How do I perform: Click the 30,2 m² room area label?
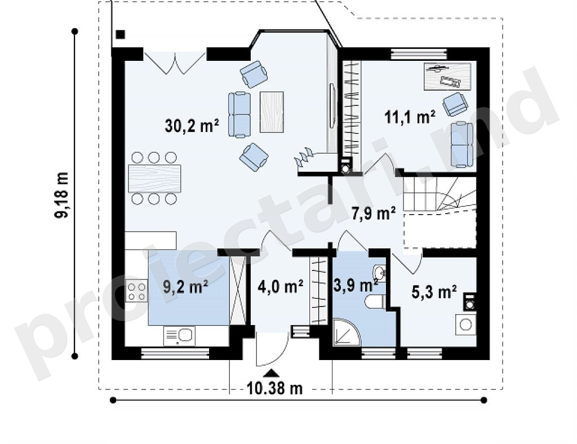[x=192, y=126]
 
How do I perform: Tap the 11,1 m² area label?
[x=410, y=117]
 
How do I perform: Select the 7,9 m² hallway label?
[x=374, y=214]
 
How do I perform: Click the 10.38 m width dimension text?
[x=274, y=388]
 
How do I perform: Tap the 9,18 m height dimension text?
[x=62, y=194]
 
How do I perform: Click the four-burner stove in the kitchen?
[x=136, y=291]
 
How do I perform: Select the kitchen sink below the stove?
[x=179, y=336]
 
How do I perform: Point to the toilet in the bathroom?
[x=375, y=301]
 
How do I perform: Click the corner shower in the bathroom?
[x=347, y=332]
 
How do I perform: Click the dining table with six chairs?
[x=154, y=179]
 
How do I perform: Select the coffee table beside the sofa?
[x=272, y=112]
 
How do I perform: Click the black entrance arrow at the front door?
[x=272, y=373]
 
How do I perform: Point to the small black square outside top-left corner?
[x=121, y=34]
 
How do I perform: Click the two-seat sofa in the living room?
[x=239, y=115]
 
